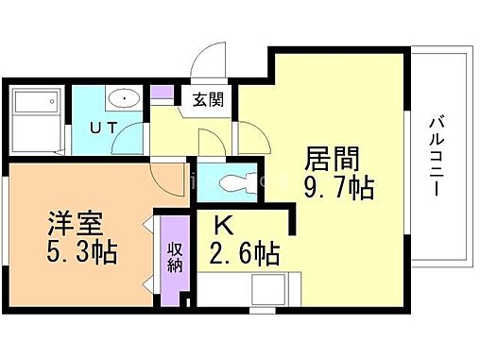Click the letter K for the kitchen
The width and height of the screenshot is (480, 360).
pos(223,226)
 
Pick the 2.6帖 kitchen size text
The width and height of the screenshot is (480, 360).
pos(244,254)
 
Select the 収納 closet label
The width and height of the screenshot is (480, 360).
pos(175,256)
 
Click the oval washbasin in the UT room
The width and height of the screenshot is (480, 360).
pos(123,98)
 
